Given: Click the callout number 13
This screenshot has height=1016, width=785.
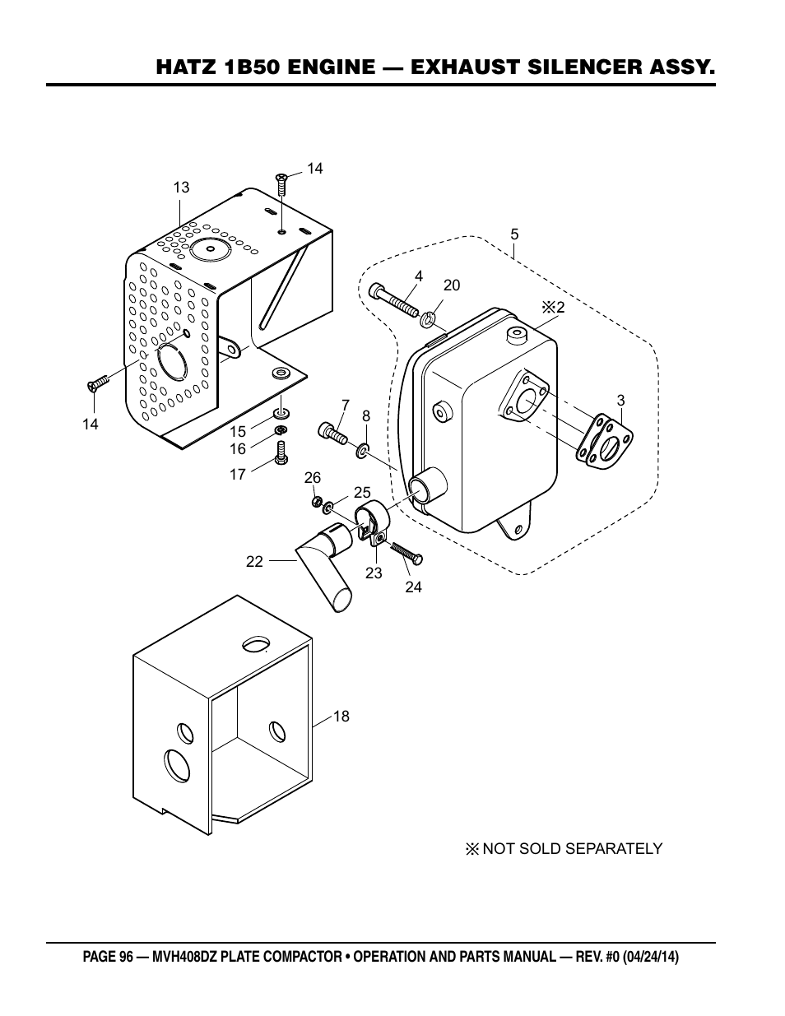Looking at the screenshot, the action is coord(181,188).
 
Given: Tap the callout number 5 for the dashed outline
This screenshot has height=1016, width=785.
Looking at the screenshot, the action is coord(515,234).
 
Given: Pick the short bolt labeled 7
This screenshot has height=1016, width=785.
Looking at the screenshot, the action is coord(333,433).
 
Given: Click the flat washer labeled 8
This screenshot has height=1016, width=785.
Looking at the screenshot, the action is coord(362,451).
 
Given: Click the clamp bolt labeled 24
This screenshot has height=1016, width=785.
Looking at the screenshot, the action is coord(406,552).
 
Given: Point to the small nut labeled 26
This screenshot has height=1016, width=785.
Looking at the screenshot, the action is coord(318,503).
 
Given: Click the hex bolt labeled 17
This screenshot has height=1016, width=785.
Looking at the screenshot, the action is coord(281,453).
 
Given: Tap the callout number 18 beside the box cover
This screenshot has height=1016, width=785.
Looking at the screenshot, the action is coord(341,717).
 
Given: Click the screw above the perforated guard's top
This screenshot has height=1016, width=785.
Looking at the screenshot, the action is coord(281,183).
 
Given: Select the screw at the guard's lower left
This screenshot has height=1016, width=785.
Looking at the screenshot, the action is coord(98,383).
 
